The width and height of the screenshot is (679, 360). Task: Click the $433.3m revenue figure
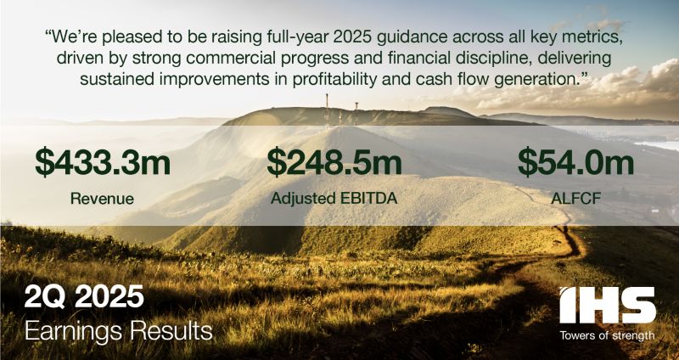[103, 161]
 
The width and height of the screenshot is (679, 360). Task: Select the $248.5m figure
[334, 161]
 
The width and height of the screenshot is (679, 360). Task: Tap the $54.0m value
[576, 161]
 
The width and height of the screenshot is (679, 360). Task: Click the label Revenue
[102, 199]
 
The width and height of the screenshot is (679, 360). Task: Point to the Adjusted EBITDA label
[334, 199]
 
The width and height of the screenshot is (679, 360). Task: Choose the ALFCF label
[575, 199]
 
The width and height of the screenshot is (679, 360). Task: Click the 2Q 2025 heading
[84, 296]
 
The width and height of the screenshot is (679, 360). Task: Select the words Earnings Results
[119, 331]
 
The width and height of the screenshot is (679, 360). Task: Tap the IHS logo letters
[607, 305]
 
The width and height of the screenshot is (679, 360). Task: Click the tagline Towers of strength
[607, 335]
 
